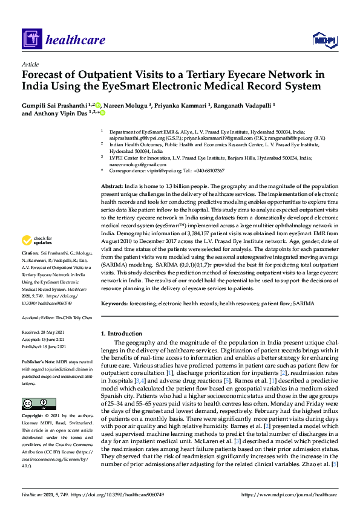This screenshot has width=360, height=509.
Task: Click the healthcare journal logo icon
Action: pyautogui.click(x=31, y=41)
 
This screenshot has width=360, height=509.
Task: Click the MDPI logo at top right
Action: pyautogui.click(x=324, y=40)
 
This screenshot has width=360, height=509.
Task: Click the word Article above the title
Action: pyautogui.click(x=30, y=63)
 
